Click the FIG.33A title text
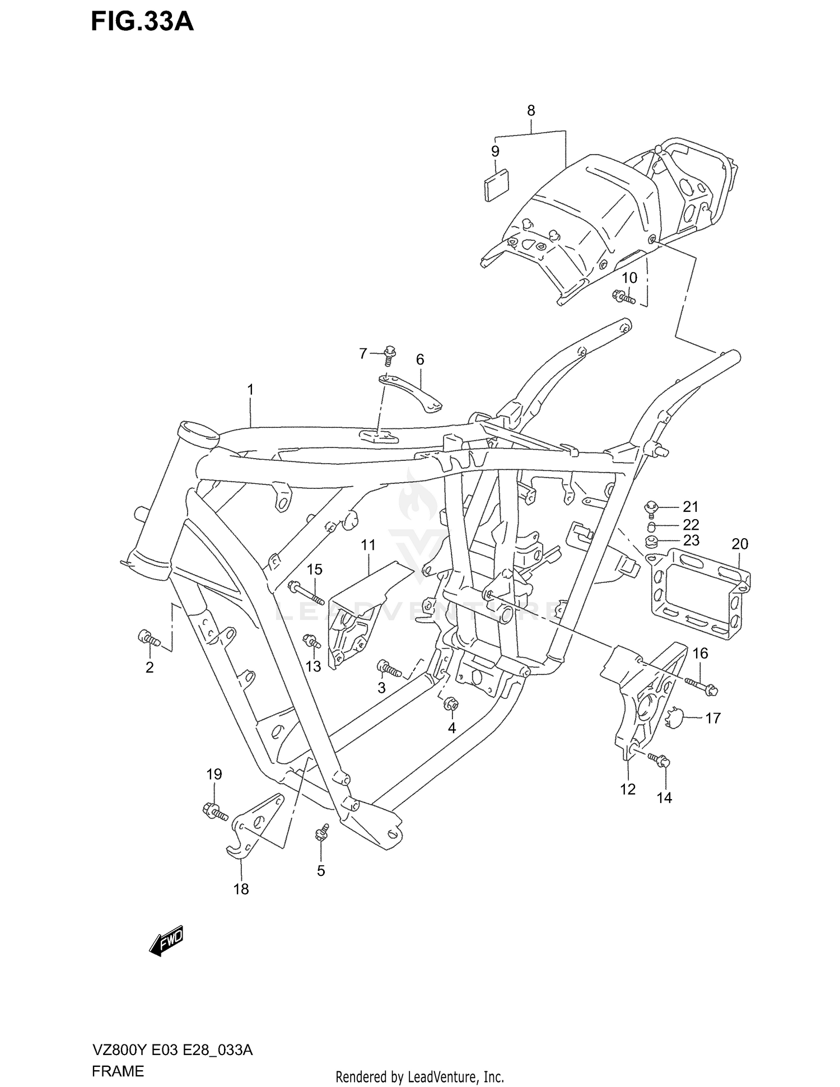(x=142, y=22)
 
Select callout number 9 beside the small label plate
(x=495, y=151)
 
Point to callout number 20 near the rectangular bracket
(x=740, y=544)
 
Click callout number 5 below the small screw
(x=321, y=871)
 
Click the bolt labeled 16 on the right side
(x=700, y=685)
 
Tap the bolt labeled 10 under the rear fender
(x=623, y=296)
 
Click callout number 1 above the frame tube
(x=250, y=389)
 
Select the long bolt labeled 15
(x=306, y=593)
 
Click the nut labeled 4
(x=450, y=704)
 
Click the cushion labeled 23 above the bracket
(x=651, y=542)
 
